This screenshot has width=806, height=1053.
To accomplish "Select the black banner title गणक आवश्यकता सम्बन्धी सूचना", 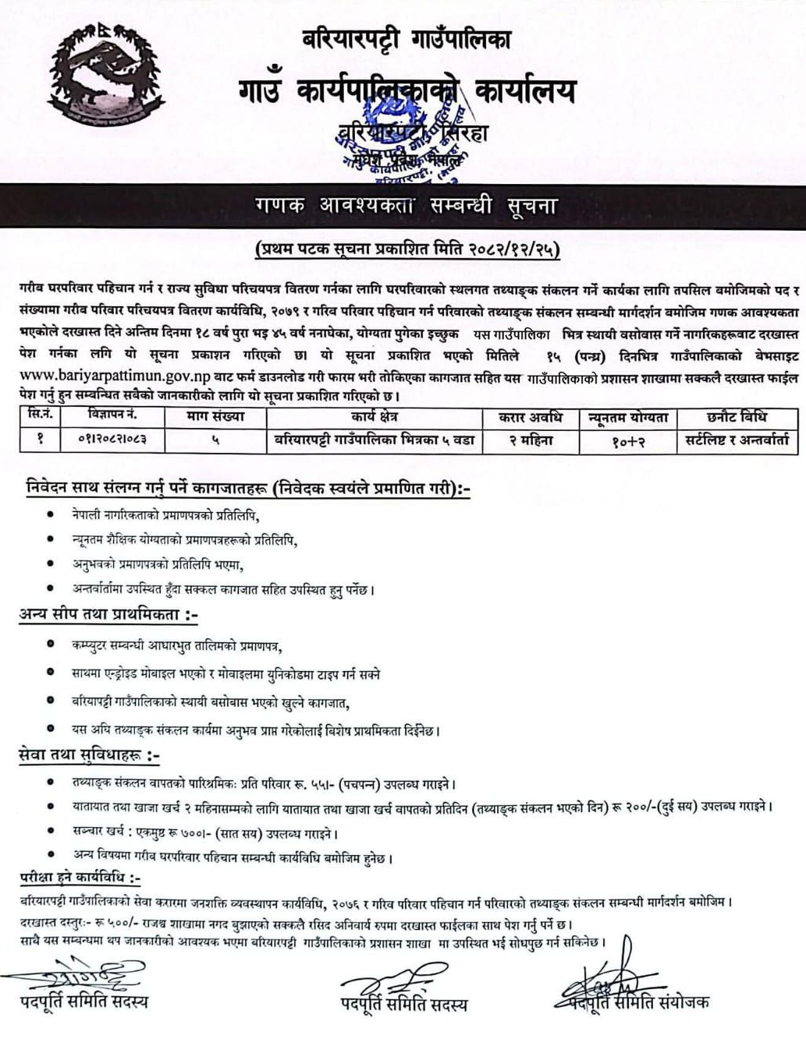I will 405,207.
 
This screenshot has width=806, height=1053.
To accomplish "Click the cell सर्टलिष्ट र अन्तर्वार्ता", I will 733,440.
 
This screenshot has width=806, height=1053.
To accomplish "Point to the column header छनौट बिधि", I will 733,417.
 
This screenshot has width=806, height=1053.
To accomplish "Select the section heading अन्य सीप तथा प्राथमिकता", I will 108,615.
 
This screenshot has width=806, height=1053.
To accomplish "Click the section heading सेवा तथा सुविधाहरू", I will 90,756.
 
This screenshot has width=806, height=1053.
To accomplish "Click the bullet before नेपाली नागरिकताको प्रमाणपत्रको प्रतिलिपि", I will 51,514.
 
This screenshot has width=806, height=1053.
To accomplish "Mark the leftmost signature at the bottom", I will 78,974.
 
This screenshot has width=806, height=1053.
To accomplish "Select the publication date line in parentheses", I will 407,250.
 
